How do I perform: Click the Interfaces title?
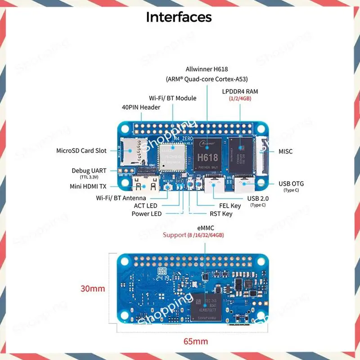click(179, 17)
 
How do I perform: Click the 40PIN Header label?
click(141, 107)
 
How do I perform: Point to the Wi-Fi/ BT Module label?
click(172, 98)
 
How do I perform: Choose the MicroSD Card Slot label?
click(81, 151)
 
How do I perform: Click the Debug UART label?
click(89, 171)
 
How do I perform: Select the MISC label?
click(285, 151)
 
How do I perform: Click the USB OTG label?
click(291, 184)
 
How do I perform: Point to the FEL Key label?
click(230, 206)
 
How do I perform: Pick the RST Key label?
click(221, 214)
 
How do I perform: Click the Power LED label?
click(146, 214)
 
